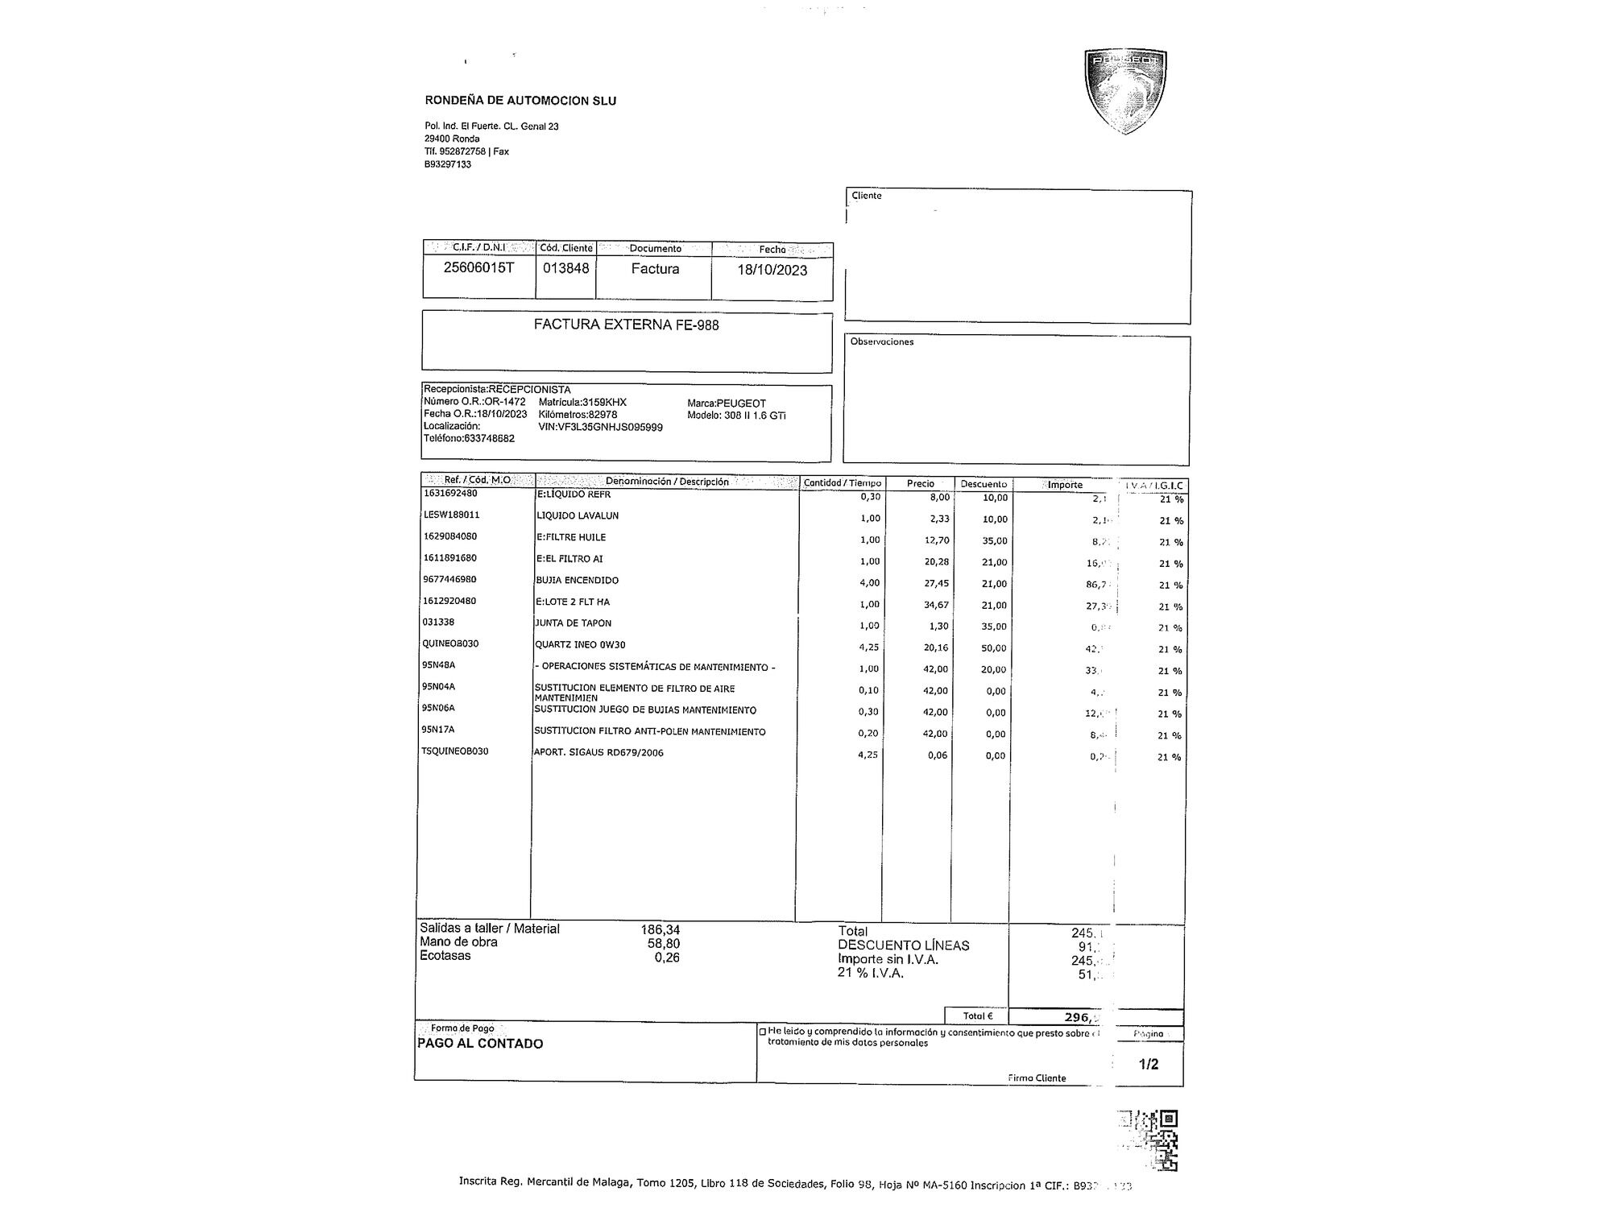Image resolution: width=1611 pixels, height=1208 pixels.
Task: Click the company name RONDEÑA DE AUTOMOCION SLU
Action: click(520, 101)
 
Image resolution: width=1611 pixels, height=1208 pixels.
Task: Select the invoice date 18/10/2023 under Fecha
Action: click(772, 270)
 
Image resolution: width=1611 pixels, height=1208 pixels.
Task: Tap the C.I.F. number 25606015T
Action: click(478, 267)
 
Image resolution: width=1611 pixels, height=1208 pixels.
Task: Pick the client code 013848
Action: click(565, 268)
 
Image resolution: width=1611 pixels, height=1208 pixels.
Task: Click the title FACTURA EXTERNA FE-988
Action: click(626, 325)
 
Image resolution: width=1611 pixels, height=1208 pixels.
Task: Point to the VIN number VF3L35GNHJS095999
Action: click(600, 427)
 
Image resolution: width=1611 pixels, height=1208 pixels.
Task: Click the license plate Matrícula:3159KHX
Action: click(582, 402)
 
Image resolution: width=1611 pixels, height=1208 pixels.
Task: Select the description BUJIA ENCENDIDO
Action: click(577, 580)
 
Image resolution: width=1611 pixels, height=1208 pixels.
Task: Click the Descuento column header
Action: click(984, 484)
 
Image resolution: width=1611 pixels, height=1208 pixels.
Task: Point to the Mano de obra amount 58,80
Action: click(664, 943)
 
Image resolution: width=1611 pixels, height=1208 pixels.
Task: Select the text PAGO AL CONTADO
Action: click(480, 1044)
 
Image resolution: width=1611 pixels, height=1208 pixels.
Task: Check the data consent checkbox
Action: click(762, 1032)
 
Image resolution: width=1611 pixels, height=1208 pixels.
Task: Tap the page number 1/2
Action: click(1148, 1064)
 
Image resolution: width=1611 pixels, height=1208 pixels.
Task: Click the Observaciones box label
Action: click(881, 341)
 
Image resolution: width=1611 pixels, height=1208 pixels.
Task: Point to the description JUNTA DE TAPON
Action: click(573, 623)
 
